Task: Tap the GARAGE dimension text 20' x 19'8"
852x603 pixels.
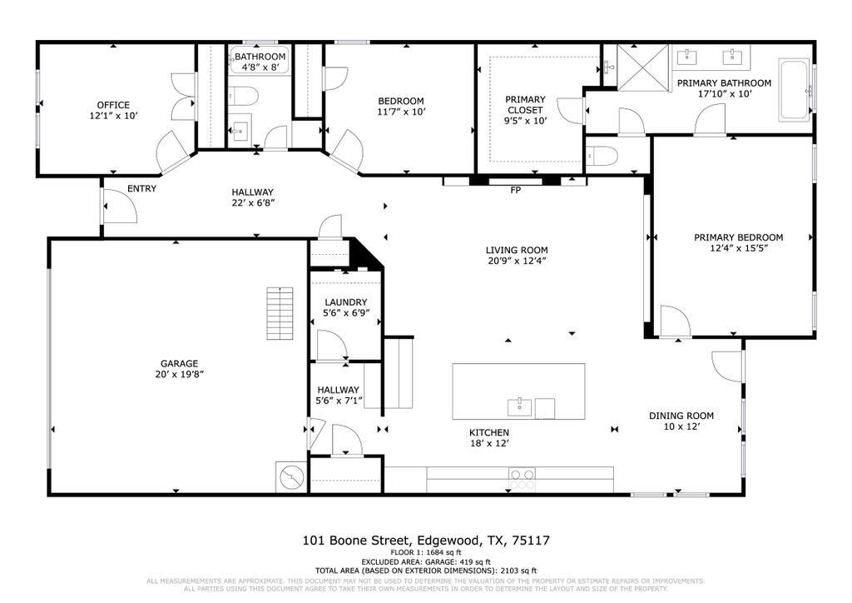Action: tap(179, 374)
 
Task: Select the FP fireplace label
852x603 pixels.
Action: tap(515, 191)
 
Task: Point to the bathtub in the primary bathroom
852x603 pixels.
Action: tap(794, 89)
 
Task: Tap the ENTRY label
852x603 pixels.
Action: tap(141, 189)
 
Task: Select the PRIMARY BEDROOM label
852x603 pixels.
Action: tap(738, 237)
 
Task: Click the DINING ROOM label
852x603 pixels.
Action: tap(681, 416)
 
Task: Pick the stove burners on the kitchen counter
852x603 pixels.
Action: tap(523, 478)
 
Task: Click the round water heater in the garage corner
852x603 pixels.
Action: tap(291, 478)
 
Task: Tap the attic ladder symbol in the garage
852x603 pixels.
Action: tap(280, 313)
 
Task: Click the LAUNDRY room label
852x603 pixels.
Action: tap(346, 302)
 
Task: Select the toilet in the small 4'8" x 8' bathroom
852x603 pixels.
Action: tap(244, 95)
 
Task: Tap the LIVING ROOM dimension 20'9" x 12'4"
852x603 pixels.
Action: tap(517, 261)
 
